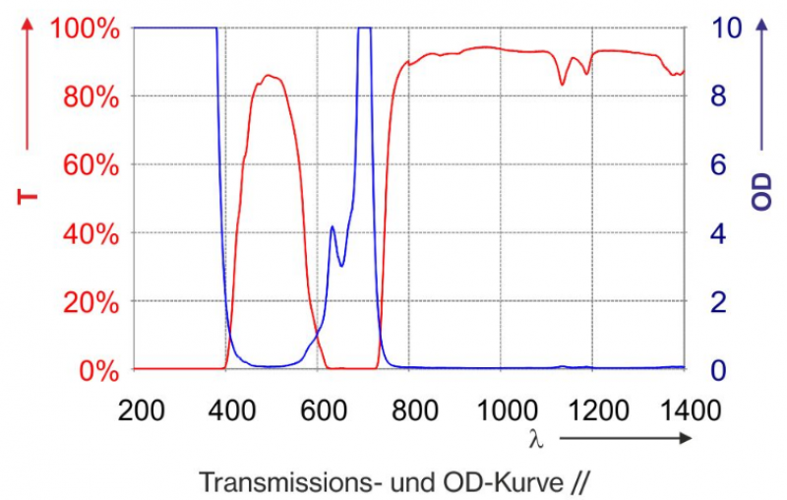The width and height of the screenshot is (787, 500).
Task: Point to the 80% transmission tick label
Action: (x=88, y=96)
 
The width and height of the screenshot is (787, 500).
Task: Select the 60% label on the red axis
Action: (x=88, y=164)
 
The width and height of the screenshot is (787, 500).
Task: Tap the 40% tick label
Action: (x=88, y=233)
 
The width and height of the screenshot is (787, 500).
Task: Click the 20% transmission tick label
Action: (x=88, y=301)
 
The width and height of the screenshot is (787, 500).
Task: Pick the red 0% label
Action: (x=95, y=370)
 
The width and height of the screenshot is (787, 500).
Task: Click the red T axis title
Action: (x=28, y=197)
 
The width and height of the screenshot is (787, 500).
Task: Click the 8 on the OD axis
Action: (x=718, y=96)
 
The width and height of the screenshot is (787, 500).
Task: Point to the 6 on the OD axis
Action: (x=718, y=164)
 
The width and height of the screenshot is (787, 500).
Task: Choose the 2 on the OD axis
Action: (x=718, y=301)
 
